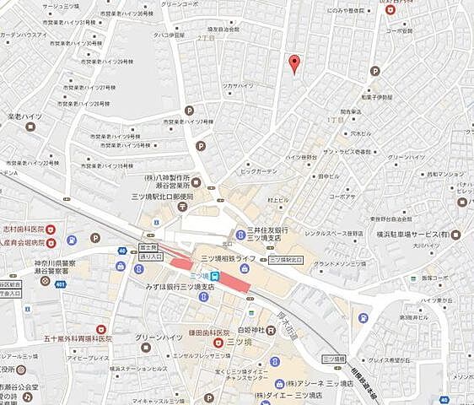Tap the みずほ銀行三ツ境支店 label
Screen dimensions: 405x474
[180, 287]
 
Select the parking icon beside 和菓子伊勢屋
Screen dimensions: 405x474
[374, 71]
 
